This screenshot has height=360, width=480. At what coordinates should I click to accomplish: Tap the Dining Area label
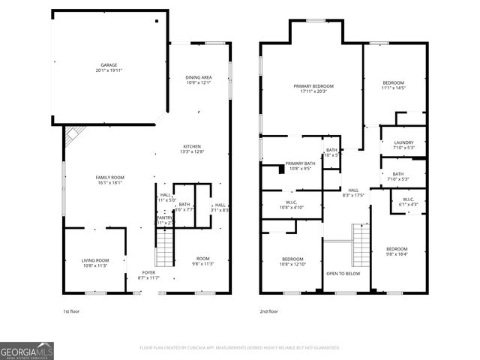199,79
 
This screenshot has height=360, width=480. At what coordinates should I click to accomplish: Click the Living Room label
95,262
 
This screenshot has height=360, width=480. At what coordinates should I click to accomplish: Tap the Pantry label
164,220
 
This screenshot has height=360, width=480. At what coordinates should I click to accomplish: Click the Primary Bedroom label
313,88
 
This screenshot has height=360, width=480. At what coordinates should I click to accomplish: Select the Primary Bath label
299,166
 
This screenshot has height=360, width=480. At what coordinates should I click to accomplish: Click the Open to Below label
343,274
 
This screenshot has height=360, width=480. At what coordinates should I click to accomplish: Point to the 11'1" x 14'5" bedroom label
393,85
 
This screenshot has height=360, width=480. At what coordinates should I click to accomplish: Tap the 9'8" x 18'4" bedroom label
397,252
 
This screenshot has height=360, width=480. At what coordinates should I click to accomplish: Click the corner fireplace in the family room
73,135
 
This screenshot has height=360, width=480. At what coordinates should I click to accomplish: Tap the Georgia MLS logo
27,349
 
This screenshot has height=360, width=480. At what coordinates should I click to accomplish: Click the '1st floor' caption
72,310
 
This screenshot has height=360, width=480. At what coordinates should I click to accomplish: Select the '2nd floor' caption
269,310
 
